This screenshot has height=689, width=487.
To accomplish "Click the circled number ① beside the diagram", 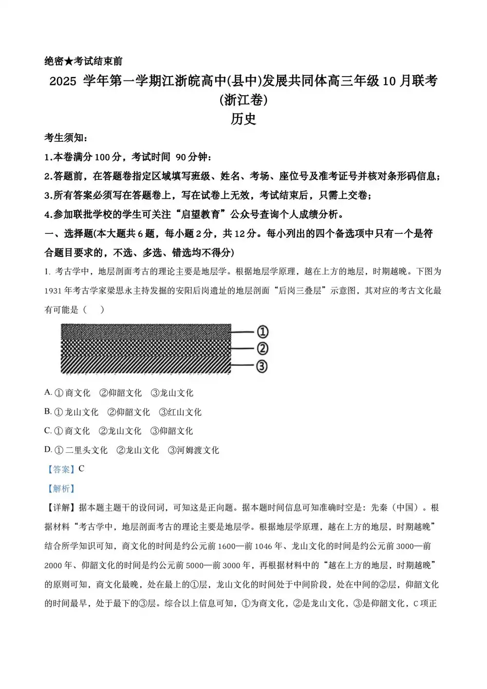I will point(262,332).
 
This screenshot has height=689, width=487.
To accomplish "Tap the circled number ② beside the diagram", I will point(262,349).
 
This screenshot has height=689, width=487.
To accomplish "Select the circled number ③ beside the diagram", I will point(262,366).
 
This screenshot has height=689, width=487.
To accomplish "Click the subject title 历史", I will point(243,119).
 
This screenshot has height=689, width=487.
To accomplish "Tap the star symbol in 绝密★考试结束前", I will point(69,61).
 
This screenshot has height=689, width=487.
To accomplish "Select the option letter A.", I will point(48,392).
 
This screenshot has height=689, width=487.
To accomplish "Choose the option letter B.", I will point(48,412).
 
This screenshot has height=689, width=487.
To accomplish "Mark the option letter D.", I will point(48,450).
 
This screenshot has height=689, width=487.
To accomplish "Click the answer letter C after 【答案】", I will point(81,469).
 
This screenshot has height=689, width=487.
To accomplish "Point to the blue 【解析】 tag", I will point(60,488).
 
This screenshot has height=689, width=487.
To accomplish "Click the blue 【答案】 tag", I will point(60,469).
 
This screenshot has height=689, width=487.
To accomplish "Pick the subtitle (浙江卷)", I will point(243,100).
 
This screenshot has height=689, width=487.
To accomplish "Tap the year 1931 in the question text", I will point(54,290).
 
